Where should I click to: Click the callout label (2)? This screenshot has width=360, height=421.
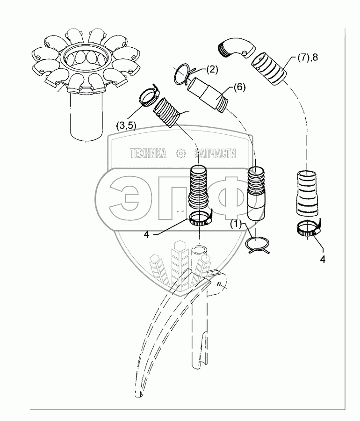211,70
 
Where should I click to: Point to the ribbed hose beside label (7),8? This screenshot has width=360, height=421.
272,69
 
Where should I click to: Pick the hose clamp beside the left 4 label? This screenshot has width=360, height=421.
200,218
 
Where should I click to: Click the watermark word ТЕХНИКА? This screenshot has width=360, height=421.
148,153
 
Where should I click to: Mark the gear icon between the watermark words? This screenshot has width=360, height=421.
180,153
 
